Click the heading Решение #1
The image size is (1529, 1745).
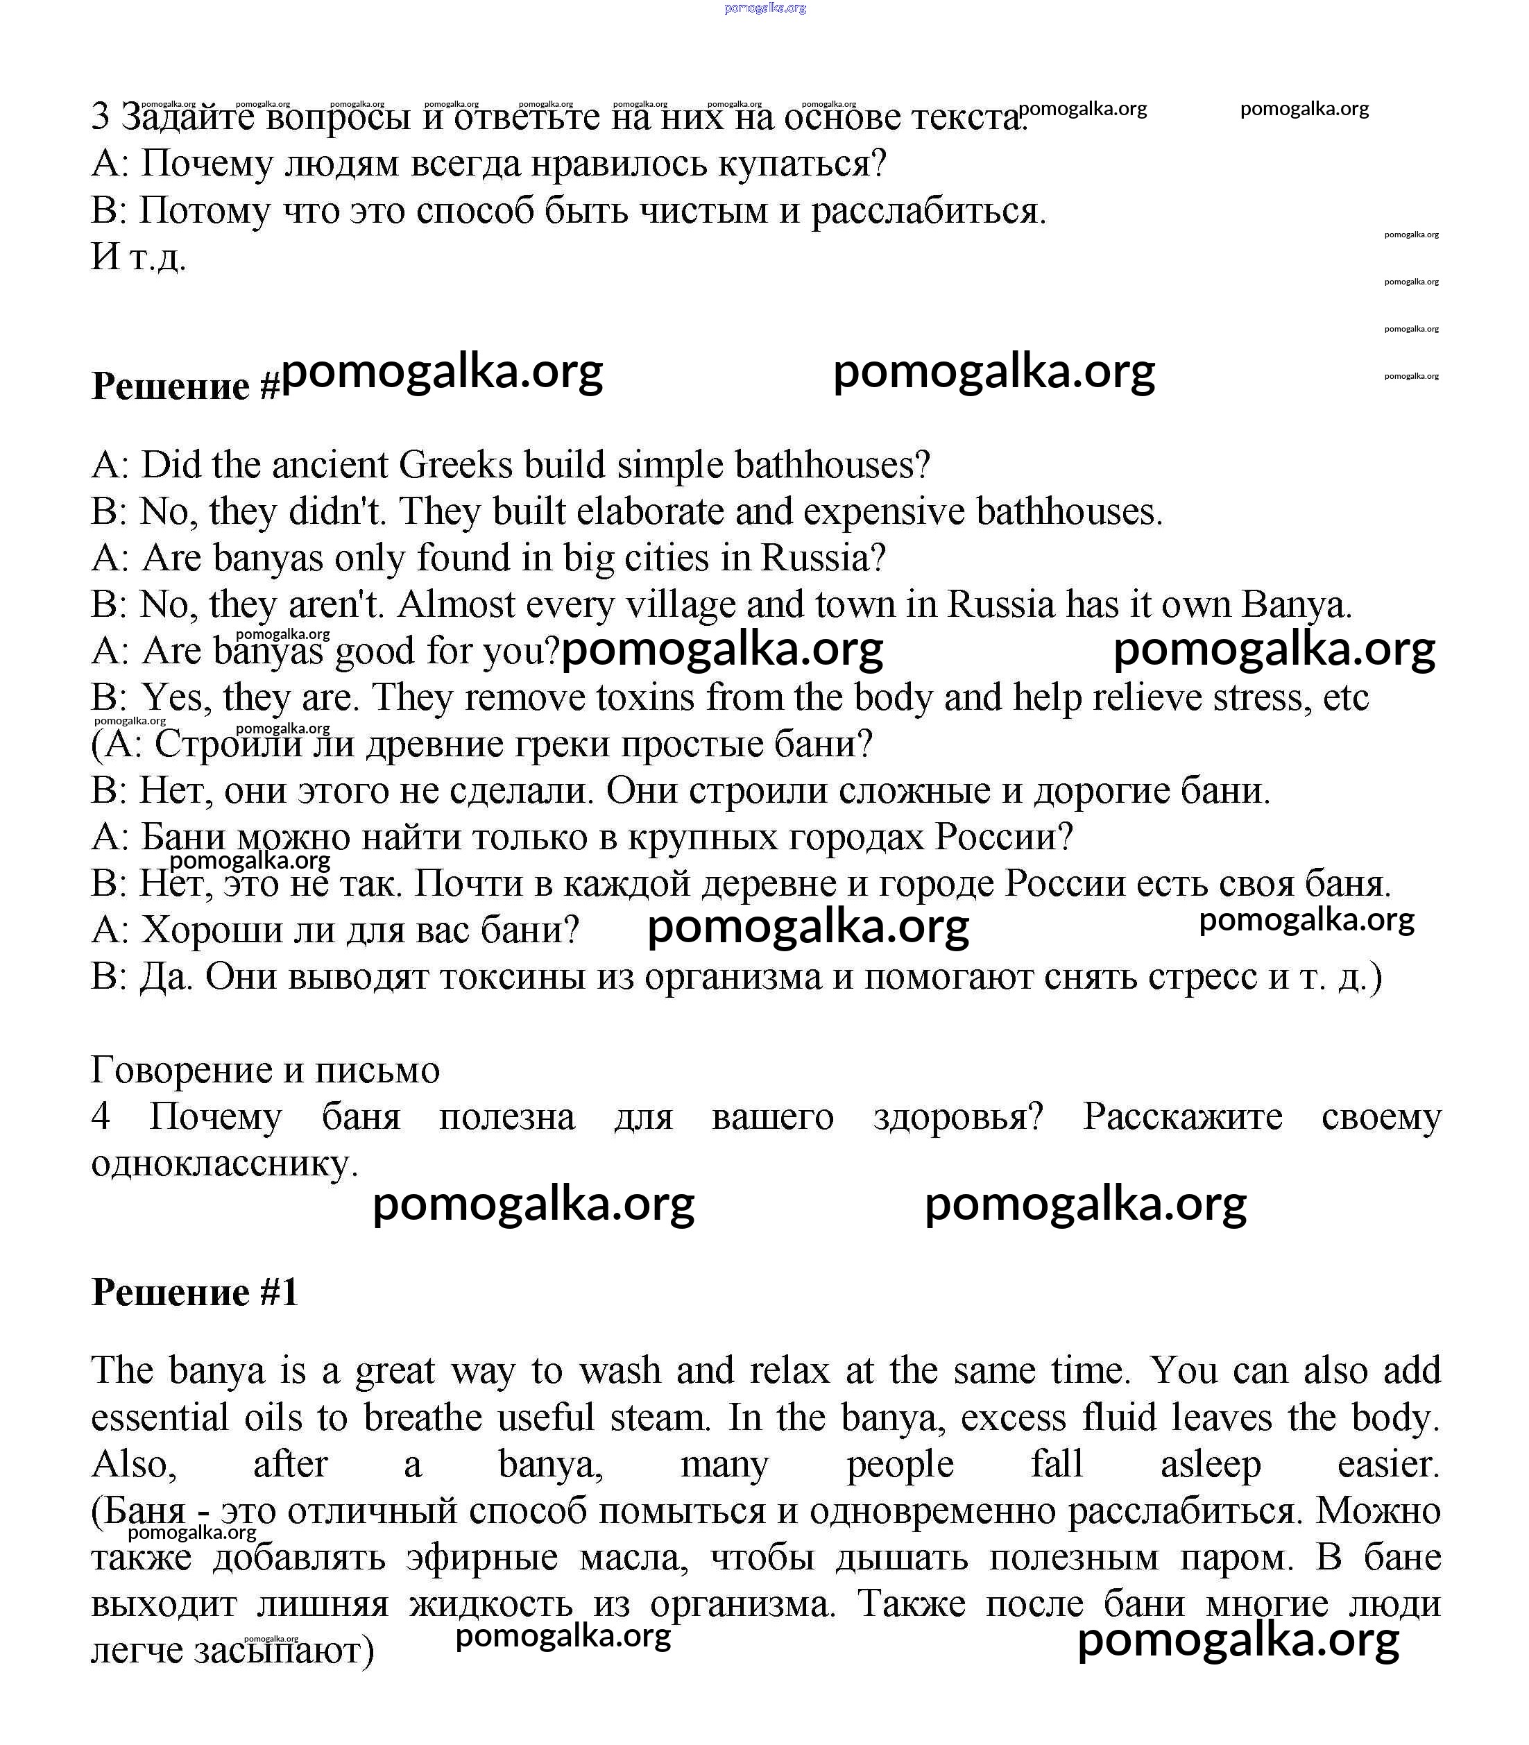click(194, 1292)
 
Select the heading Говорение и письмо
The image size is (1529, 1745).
click(266, 1070)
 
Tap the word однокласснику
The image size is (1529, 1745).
click(224, 1164)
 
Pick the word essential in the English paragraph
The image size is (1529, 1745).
click(160, 1418)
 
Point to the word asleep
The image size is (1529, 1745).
click(1210, 1464)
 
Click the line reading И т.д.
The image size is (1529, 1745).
click(138, 257)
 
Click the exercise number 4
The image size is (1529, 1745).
click(101, 1117)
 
